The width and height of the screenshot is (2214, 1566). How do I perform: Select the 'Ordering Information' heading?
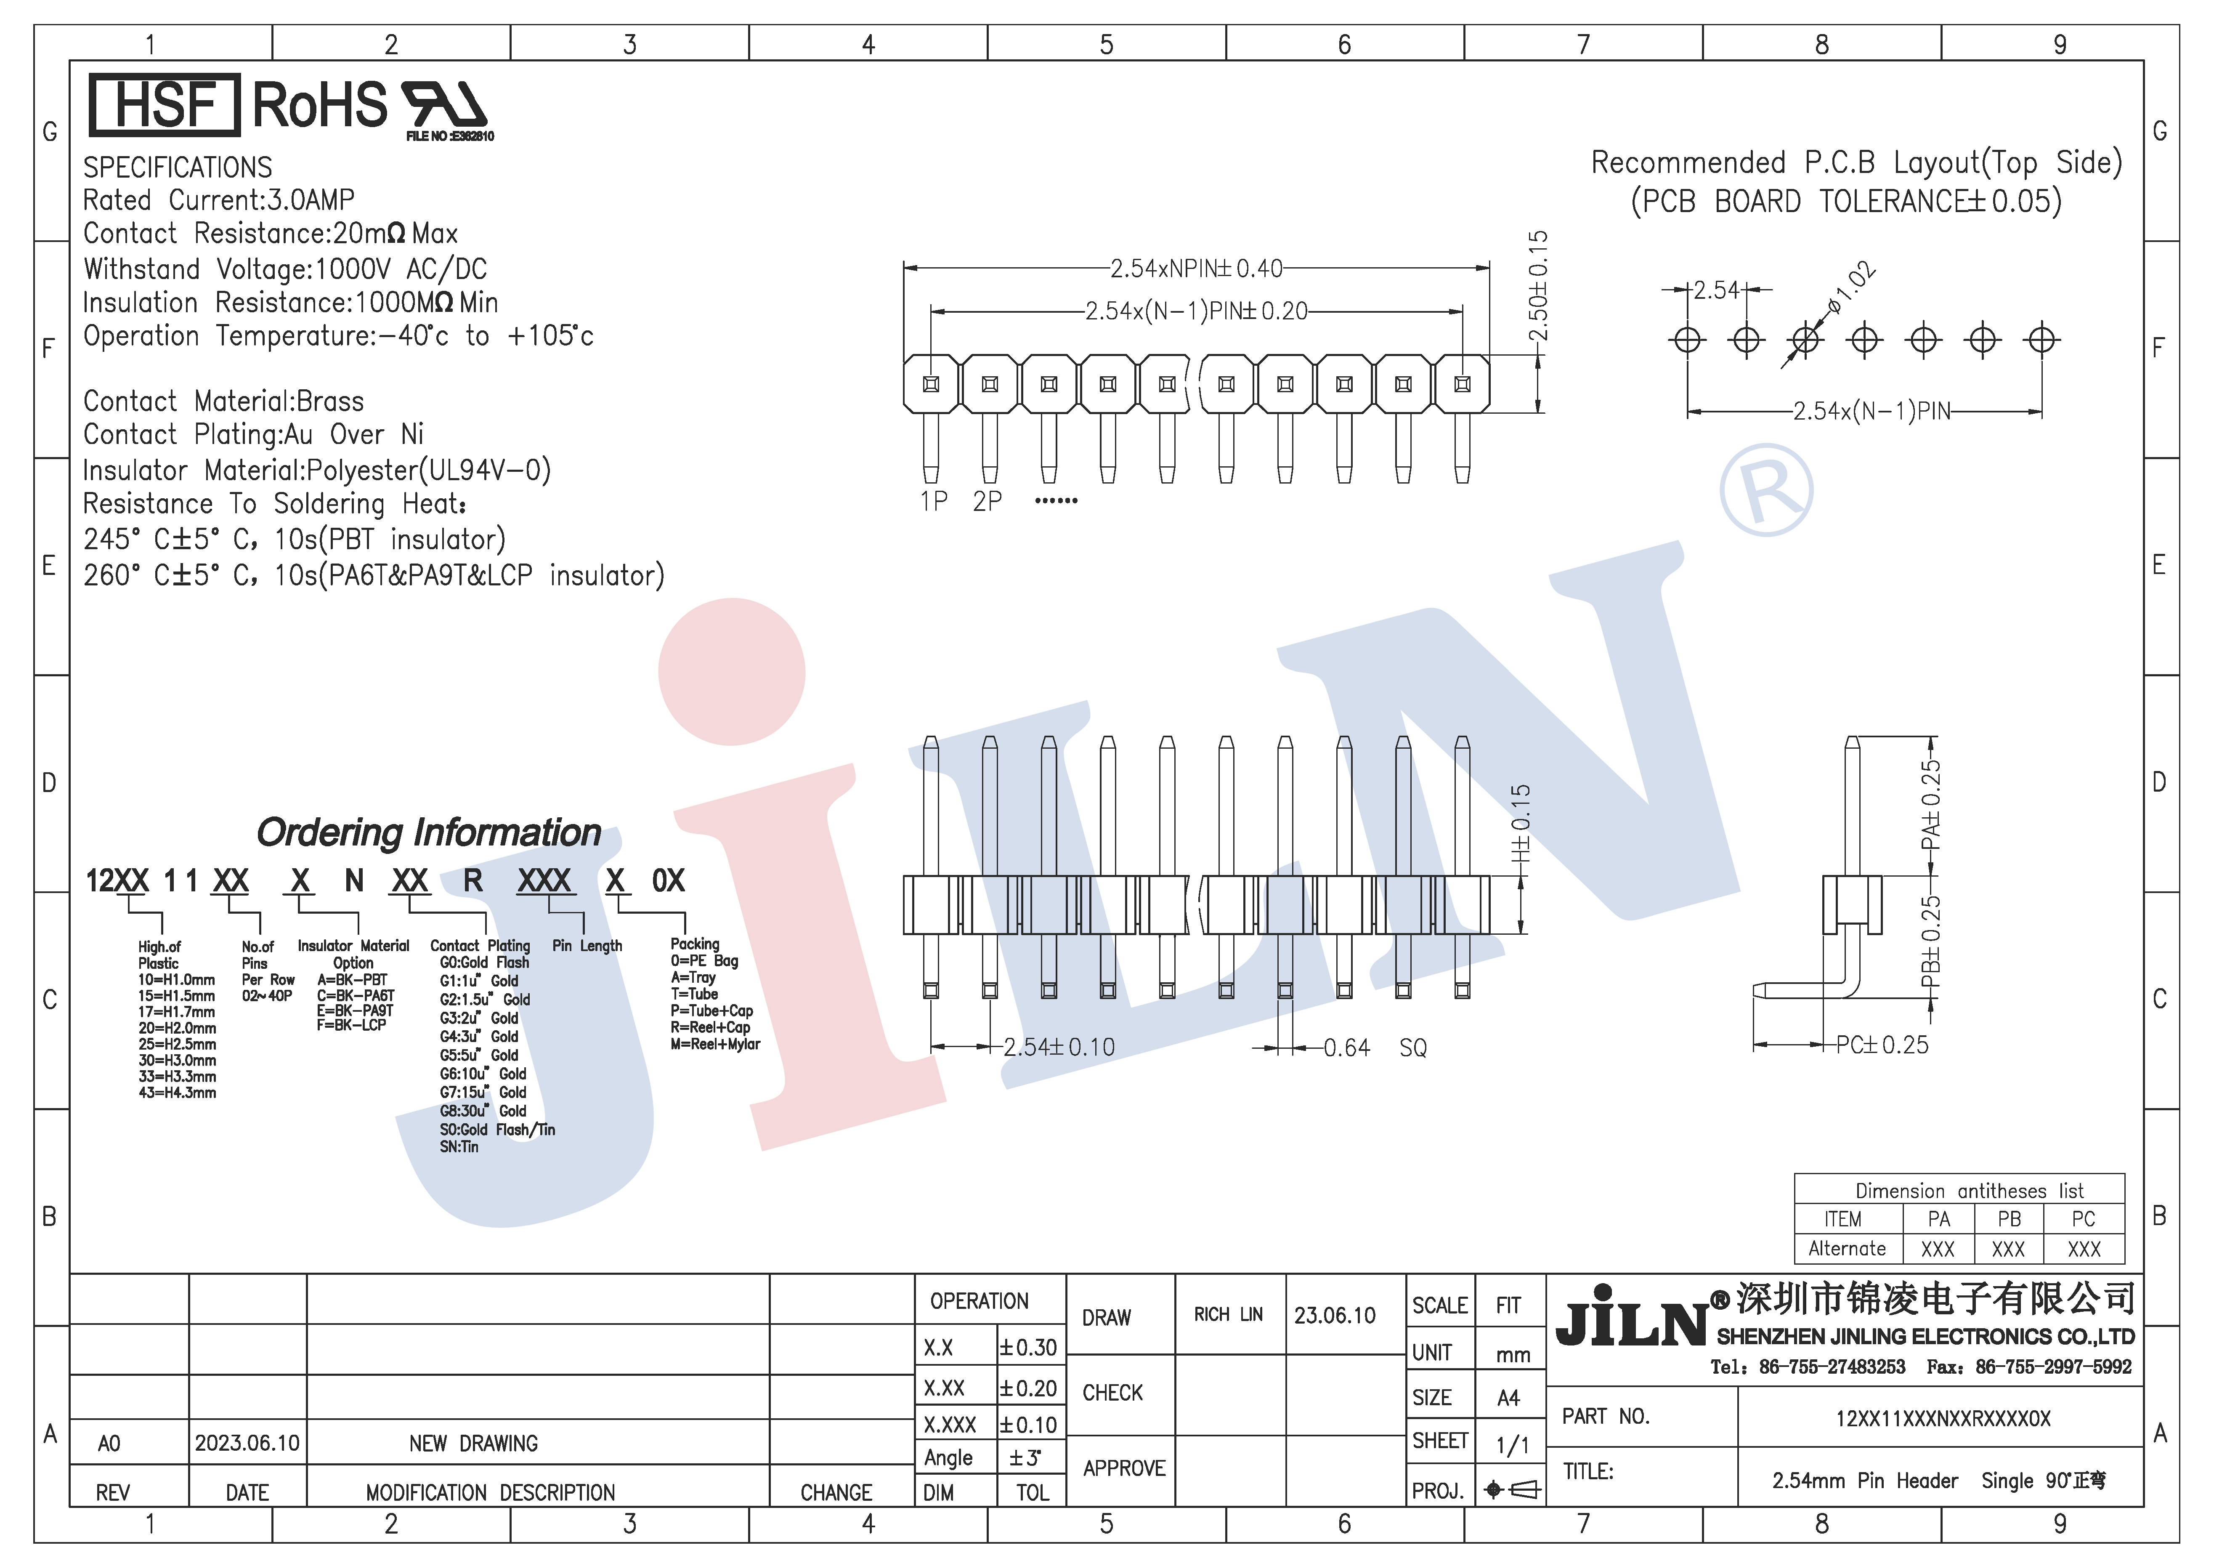point(429,832)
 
